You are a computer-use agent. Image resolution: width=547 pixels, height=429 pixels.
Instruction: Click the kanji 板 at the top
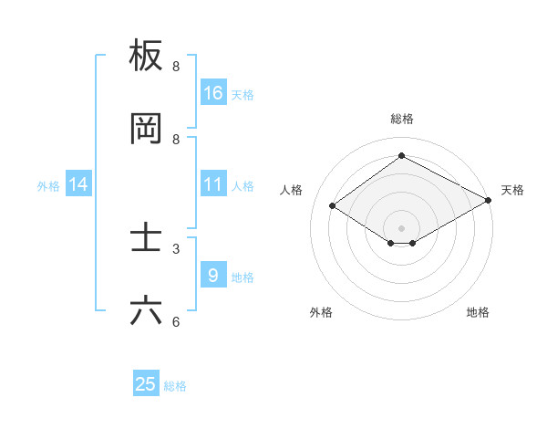pos(146,57)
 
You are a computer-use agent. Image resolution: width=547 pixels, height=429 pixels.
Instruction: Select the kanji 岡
pos(146,130)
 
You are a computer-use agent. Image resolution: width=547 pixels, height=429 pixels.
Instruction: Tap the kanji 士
pos(146,238)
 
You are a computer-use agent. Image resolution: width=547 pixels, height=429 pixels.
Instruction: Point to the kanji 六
pos(146,311)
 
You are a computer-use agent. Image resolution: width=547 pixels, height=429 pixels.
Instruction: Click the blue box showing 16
pos(213,92)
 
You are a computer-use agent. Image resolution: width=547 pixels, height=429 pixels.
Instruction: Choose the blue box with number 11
pos(213,184)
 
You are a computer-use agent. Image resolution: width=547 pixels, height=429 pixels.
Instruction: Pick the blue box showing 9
pos(213,275)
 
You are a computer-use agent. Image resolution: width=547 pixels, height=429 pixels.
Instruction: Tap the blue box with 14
pos(78,184)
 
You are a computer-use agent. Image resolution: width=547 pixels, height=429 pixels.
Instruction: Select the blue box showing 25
pos(146,384)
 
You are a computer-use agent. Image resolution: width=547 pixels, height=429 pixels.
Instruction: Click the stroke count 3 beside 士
pos(175,248)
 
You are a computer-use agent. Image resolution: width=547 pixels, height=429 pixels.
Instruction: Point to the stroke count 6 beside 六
pos(175,321)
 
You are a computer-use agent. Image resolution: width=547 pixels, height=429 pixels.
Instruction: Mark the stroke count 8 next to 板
pos(175,67)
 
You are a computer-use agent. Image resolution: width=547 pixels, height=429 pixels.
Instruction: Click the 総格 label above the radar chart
pos(401,119)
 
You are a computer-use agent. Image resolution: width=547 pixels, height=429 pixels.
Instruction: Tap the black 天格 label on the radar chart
pos(512,190)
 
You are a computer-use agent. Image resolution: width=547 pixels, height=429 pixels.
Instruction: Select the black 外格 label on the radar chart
pos(321,312)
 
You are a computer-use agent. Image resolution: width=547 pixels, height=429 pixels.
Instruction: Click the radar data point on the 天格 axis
pos(489,201)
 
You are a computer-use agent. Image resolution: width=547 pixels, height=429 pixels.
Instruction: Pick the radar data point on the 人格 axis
pos(333,206)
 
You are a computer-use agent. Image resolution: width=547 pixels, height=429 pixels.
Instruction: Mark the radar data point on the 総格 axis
pos(401,155)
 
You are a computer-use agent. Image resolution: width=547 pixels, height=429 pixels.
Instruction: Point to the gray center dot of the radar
pos(401,227)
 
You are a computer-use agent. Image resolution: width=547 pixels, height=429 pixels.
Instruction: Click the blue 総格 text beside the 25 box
pos(175,386)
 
